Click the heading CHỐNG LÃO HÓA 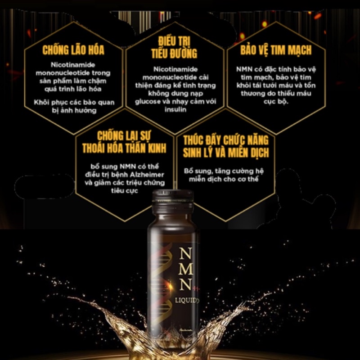(x=73, y=50)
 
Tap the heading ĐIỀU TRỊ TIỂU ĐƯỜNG (x=174, y=48)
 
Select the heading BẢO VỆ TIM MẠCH (x=276, y=50)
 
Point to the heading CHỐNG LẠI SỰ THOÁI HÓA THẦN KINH (x=124, y=142)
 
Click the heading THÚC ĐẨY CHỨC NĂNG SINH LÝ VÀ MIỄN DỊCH (x=226, y=147)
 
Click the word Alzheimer (x=147, y=175)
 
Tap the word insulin (x=175, y=109)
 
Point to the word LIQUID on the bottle (x=185, y=300)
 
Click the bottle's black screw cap (x=173, y=202)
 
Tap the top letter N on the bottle (x=185, y=254)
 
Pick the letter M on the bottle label (x=185, y=269)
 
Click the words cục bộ (x=276, y=102)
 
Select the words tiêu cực (x=125, y=191)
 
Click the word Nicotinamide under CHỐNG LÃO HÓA (x=73, y=65)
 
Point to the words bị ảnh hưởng (x=74, y=111)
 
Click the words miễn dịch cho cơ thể (x=224, y=179)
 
